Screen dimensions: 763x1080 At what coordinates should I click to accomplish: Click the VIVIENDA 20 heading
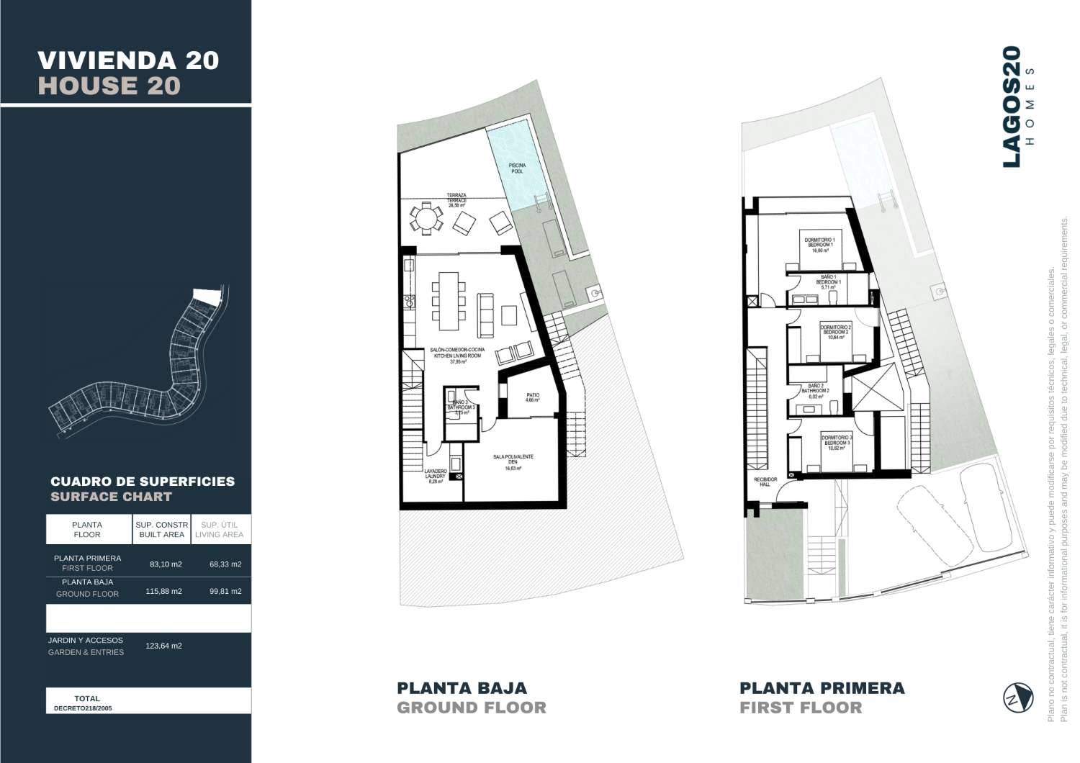point(128,60)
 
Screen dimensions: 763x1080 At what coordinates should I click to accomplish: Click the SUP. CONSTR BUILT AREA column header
point(162,529)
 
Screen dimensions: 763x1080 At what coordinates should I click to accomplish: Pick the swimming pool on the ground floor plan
point(515,169)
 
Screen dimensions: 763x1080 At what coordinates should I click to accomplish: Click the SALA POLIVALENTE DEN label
point(513,462)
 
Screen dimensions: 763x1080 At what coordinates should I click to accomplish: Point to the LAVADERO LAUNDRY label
point(437,477)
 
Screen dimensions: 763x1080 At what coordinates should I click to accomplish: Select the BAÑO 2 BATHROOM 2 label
point(819,391)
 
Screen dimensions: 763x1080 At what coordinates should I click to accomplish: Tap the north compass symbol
point(1017,697)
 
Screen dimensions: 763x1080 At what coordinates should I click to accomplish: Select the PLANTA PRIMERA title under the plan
point(822,687)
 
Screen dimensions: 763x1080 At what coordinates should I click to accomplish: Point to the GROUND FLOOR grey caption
point(472,708)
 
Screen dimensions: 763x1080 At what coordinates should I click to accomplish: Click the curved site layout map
point(140,364)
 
